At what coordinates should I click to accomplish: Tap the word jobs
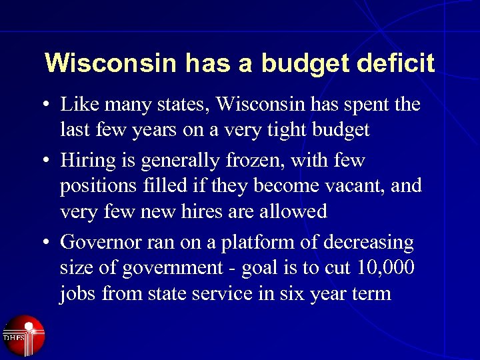[x=78, y=293]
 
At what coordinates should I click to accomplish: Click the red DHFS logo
[x=24, y=335]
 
